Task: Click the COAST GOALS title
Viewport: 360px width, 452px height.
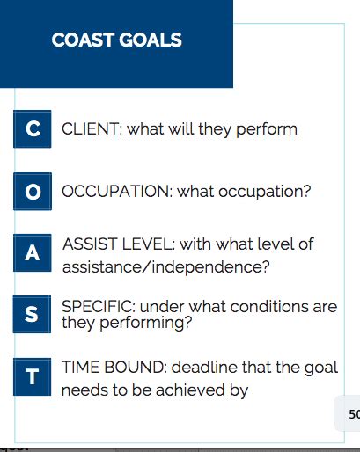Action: coord(117,40)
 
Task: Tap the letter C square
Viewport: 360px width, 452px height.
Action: coord(33,128)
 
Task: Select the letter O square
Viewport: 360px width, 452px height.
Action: coord(33,191)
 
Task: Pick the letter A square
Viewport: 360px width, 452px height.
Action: coord(33,253)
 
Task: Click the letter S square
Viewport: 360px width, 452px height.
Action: coord(33,315)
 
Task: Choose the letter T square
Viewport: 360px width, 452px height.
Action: coord(33,377)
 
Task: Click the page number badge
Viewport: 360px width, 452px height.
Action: coord(350,413)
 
